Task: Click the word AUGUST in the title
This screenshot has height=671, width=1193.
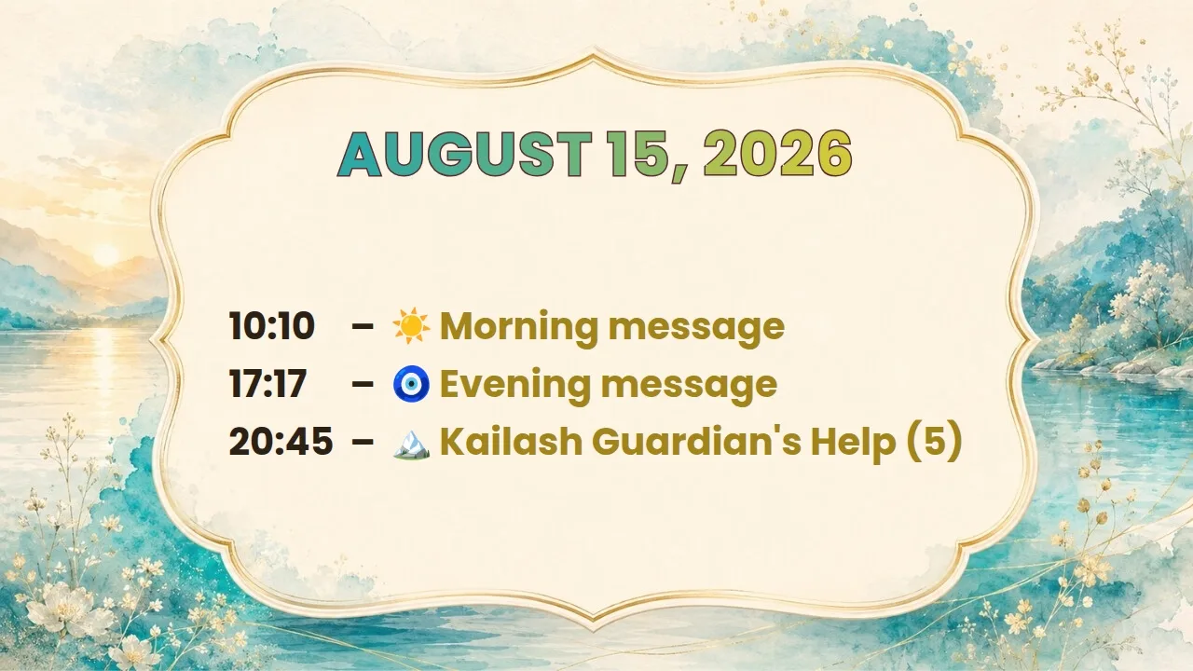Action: pos(465,155)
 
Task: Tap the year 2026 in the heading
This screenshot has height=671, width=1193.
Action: pos(777,155)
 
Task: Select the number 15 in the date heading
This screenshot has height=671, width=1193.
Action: pos(646,156)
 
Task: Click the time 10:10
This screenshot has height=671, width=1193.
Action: pos(271,326)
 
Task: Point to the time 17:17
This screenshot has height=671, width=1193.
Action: pos(267,383)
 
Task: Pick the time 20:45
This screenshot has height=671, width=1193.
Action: pos(281,442)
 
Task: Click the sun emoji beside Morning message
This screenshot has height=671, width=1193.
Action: pos(411,326)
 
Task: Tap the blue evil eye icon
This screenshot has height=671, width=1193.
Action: pos(411,383)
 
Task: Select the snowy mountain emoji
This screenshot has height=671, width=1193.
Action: pos(411,445)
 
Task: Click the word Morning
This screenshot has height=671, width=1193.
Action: pos(519,328)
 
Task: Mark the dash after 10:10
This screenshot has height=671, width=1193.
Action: pos(363,326)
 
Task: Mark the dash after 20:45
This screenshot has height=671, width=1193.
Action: pos(363,442)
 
